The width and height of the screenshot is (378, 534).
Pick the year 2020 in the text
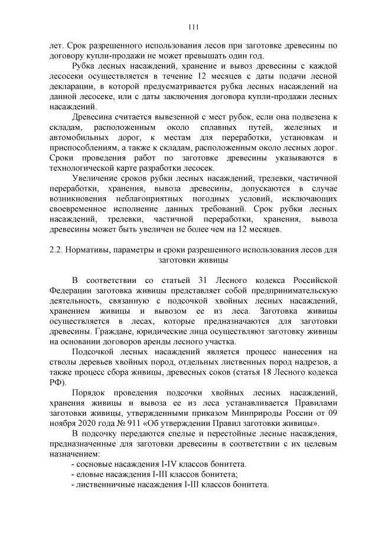tap(83, 424)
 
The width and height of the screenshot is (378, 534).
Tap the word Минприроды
tap(260, 414)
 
